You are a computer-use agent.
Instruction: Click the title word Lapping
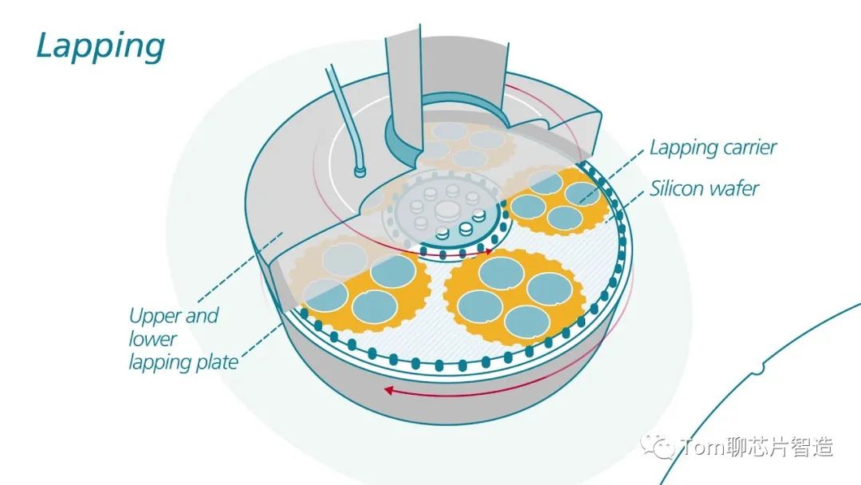point(100,45)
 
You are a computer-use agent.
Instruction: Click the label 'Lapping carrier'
point(713,148)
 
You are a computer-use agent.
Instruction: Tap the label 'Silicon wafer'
point(704,189)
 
